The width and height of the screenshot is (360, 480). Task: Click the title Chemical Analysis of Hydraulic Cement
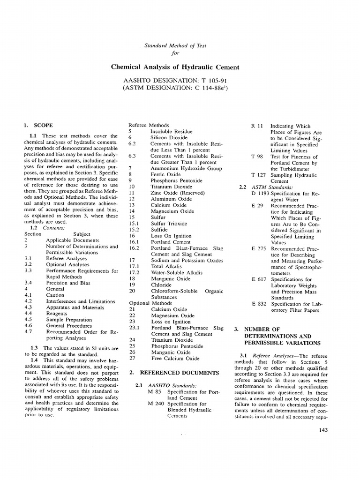175,67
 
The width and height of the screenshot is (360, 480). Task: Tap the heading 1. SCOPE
38,126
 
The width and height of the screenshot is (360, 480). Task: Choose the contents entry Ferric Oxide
165,174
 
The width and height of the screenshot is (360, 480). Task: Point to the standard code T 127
259,175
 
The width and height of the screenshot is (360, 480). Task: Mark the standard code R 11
257,126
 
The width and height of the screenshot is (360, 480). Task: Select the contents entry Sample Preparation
69,319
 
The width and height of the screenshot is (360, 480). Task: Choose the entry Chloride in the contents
161,285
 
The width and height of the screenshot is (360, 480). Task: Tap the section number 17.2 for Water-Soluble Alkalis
134,272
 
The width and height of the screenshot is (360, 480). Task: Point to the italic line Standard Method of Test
175,45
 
